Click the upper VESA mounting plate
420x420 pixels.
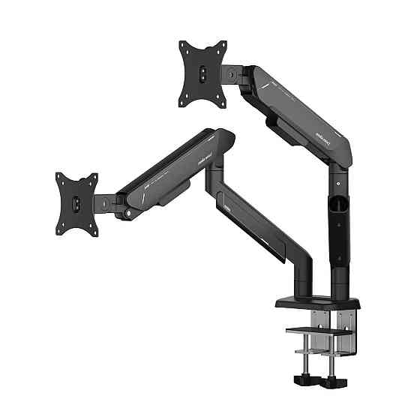pos(203,72)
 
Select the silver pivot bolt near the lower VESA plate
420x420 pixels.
pos(133,214)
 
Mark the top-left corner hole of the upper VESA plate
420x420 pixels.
pos(184,46)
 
